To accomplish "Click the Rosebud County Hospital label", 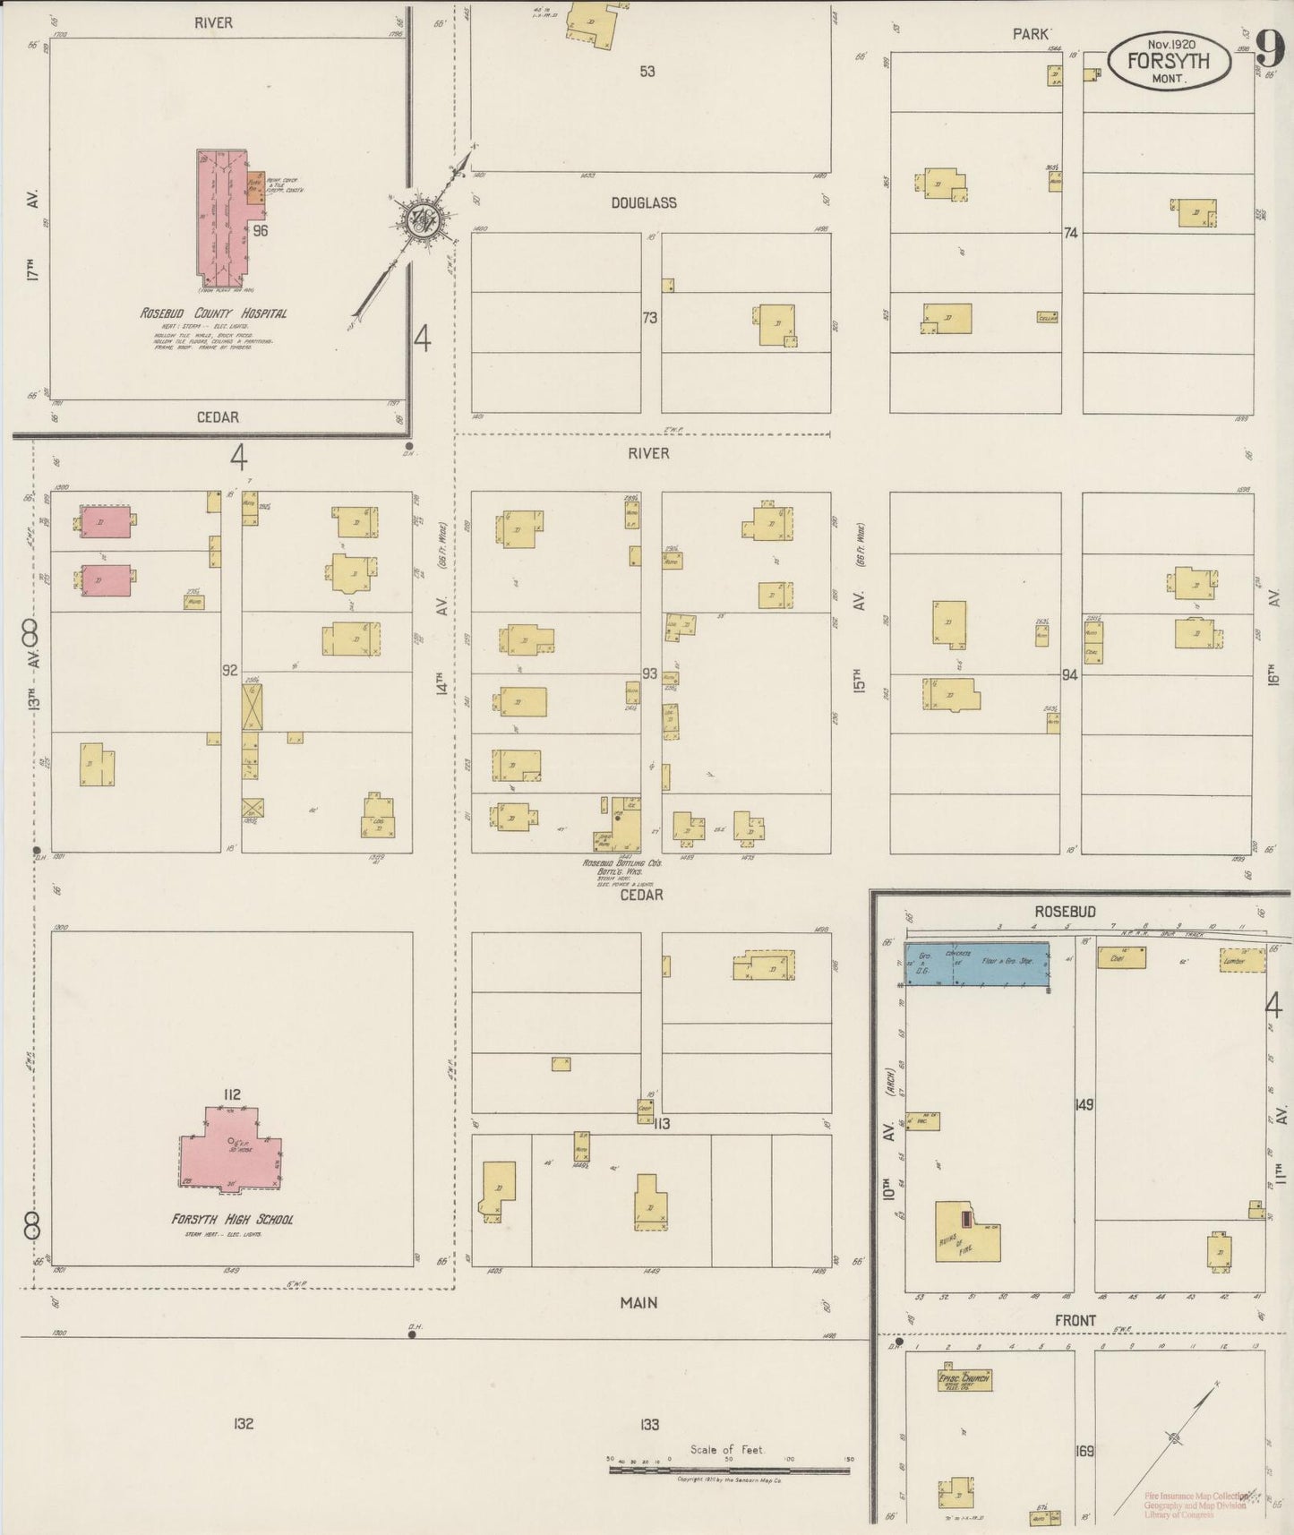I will tap(213, 313).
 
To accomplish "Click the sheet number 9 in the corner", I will tap(1268, 47).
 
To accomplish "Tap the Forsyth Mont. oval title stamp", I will tap(1169, 62).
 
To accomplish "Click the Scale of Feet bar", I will tap(729, 1471).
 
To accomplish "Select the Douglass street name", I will tap(644, 203).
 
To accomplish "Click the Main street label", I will tap(638, 1302).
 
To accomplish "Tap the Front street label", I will tap(1075, 1320).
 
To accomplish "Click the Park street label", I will tap(1030, 34).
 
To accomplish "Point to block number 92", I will tap(230, 670).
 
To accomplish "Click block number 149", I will tap(1084, 1105).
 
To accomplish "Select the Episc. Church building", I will tap(964, 1379).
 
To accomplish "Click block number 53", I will tap(647, 71).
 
